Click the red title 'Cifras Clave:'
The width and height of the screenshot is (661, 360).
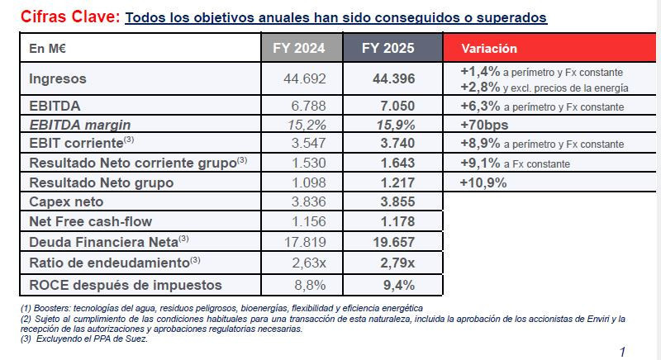[69, 17]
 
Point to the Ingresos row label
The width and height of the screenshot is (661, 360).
[58, 79]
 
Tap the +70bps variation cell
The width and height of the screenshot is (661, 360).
[484, 126]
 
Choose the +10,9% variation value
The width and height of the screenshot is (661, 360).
[483, 182]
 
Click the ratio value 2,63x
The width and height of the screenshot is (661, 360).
[307, 263]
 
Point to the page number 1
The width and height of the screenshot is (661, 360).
[622, 352]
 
